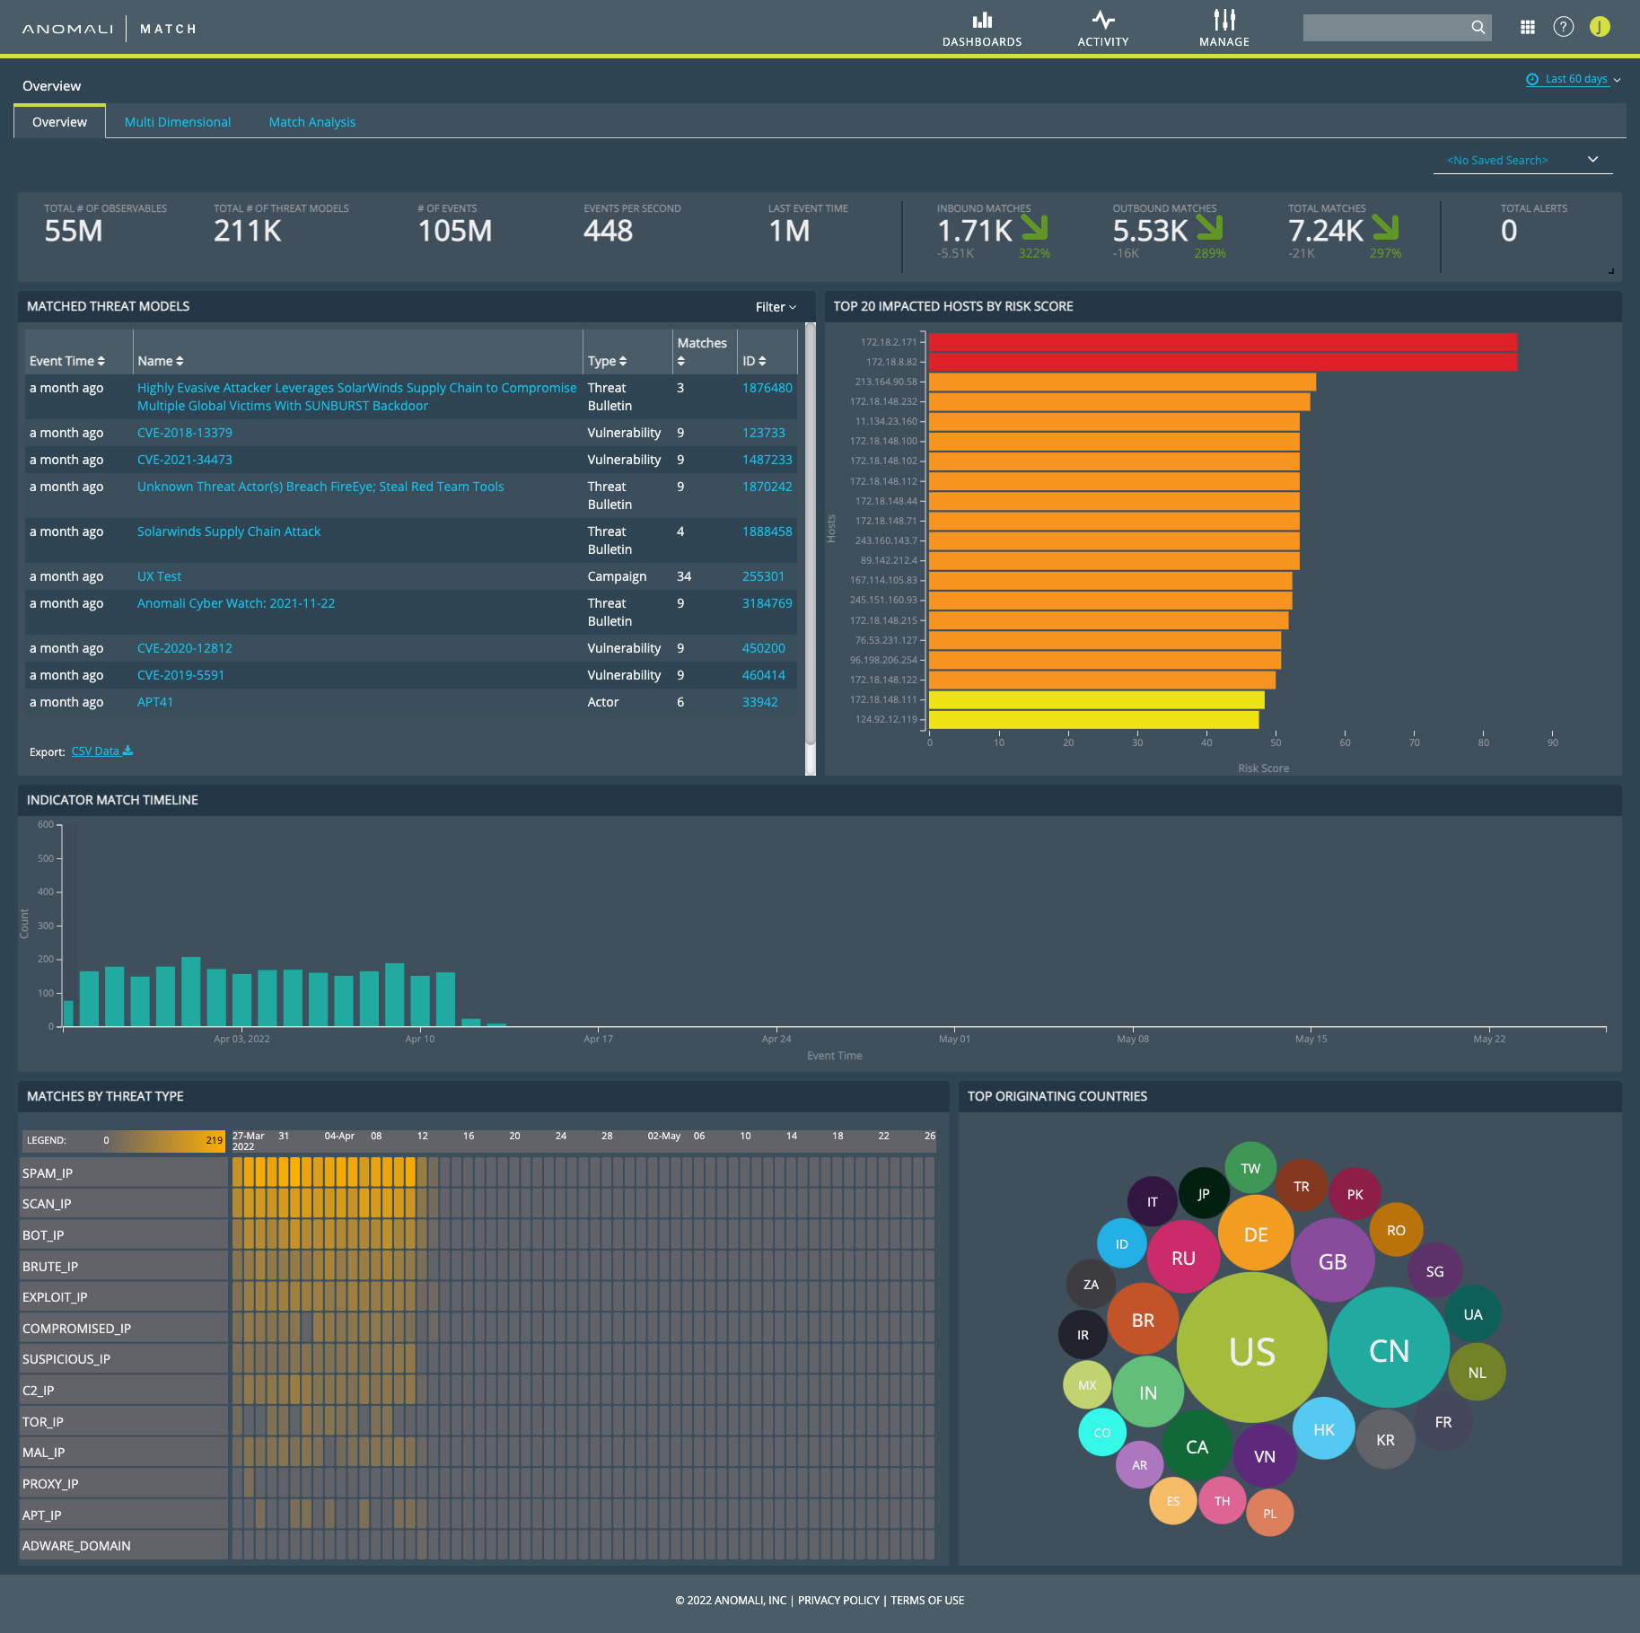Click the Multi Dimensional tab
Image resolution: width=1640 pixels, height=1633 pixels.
[x=177, y=122]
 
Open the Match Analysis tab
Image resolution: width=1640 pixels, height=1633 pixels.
[x=311, y=122]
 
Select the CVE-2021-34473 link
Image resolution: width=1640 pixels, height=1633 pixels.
[x=184, y=460]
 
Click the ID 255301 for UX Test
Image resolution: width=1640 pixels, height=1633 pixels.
[x=763, y=576]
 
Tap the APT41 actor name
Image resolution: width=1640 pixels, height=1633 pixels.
[x=154, y=702]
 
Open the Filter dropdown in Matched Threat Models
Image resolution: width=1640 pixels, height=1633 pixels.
[x=776, y=307]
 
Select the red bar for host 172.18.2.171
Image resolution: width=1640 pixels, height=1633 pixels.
[x=1222, y=342]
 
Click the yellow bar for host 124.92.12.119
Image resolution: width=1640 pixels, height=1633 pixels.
[x=1093, y=720]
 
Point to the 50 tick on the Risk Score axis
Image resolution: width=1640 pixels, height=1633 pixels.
[x=1276, y=742]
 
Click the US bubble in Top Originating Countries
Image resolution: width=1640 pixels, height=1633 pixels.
[x=1251, y=1351]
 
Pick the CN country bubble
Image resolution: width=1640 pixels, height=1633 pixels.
[x=1389, y=1350]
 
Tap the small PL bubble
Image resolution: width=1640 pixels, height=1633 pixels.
[x=1269, y=1514]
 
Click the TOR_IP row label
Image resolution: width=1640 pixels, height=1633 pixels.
[x=43, y=1422]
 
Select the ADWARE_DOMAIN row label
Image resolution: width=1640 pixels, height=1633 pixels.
[x=76, y=1546]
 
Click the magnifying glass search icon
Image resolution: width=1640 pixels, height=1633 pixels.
[x=1478, y=28]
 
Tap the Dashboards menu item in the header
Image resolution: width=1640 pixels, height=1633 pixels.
[x=982, y=29]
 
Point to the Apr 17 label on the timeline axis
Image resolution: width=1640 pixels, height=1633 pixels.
[x=598, y=1039]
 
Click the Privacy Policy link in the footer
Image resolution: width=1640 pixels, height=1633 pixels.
[x=838, y=1600]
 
